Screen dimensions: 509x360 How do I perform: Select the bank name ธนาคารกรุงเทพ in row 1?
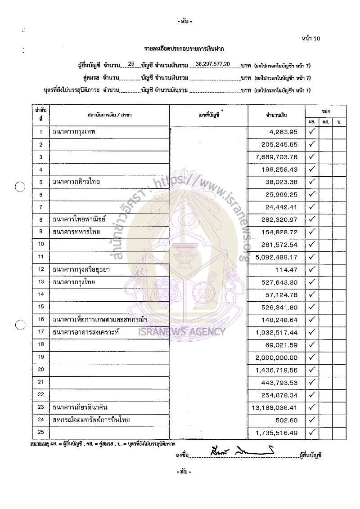[75, 132]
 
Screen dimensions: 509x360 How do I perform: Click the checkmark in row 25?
[311, 433]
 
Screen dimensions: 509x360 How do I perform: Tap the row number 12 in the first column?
[41, 270]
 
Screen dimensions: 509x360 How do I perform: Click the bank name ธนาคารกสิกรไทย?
[76, 182]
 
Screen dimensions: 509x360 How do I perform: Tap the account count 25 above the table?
[131, 64]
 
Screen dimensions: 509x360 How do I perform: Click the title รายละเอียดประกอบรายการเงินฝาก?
[184, 48]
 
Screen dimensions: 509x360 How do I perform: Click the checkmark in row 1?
[311, 131]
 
